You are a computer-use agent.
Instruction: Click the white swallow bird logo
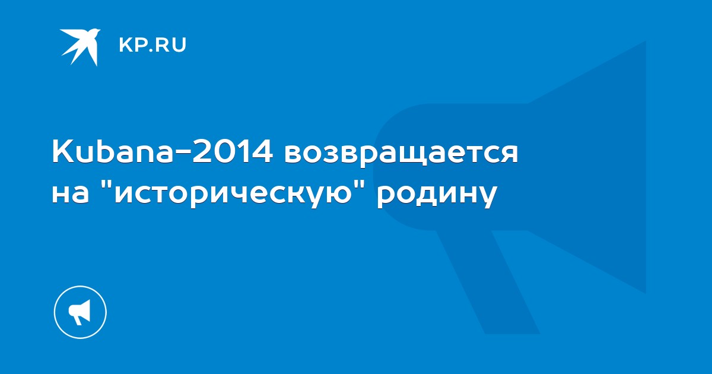80,47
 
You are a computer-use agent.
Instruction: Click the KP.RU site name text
152,45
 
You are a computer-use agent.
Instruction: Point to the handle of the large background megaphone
487,281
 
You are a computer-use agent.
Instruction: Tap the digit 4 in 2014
262,153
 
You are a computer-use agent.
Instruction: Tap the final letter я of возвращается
508,155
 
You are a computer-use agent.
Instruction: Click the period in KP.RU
148,50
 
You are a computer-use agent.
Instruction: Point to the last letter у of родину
487,197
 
